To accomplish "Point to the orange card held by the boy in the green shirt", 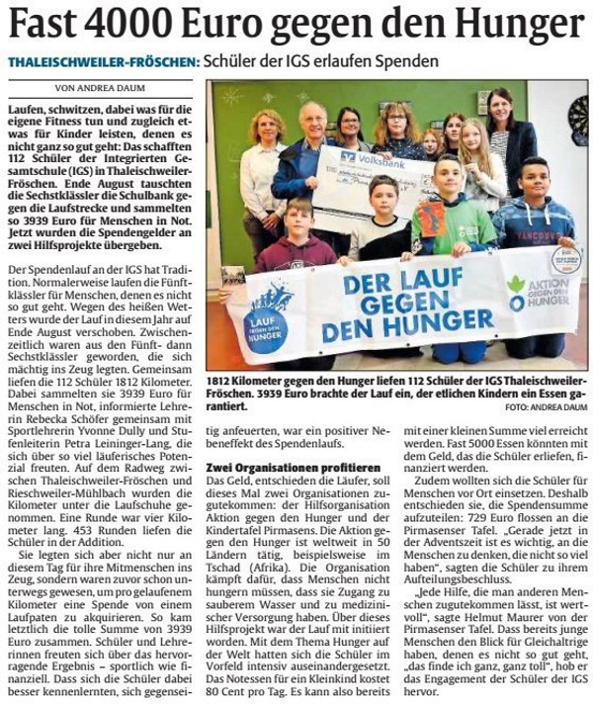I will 429,218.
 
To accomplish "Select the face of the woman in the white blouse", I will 268,127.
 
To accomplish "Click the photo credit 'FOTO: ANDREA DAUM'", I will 545,405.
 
